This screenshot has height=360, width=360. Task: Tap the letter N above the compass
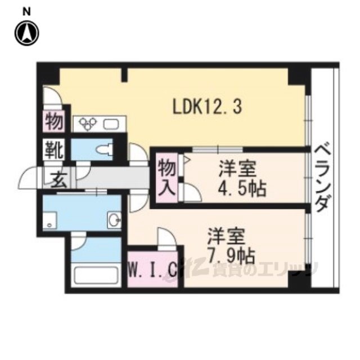(x=26, y=10)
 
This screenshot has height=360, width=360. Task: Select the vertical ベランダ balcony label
(x=322, y=177)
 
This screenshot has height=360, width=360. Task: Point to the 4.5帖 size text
(x=242, y=187)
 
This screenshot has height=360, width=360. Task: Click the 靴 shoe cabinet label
(x=55, y=151)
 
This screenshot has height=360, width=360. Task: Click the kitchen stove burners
(x=89, y=123)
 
